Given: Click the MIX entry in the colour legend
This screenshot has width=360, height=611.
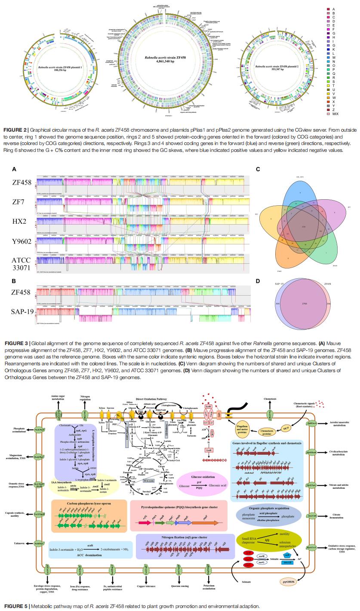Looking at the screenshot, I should [335, 114].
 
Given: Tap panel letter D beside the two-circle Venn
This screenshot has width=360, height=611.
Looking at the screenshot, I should [258, 281].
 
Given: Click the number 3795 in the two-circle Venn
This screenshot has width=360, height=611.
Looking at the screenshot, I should [305, 304].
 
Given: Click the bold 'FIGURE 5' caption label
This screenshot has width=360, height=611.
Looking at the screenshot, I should [16, 606].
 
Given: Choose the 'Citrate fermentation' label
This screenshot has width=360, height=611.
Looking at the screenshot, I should [335, 516].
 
